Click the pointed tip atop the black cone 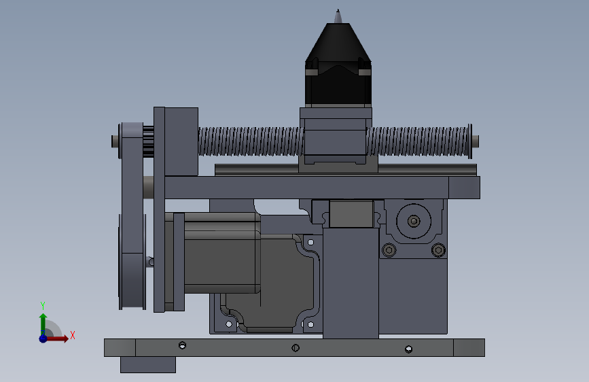tap(338, 10)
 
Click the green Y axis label tap(43, 305)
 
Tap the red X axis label tap(73, 335)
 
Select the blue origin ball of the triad tap(43, 338)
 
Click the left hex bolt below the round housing tap(389, 250)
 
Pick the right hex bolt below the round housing tap(438, 250)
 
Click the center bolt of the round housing tap(414, 221)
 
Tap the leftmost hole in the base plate tap(183, 345)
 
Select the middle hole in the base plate tap(296, 348)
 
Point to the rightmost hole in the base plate tap(409, 349)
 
